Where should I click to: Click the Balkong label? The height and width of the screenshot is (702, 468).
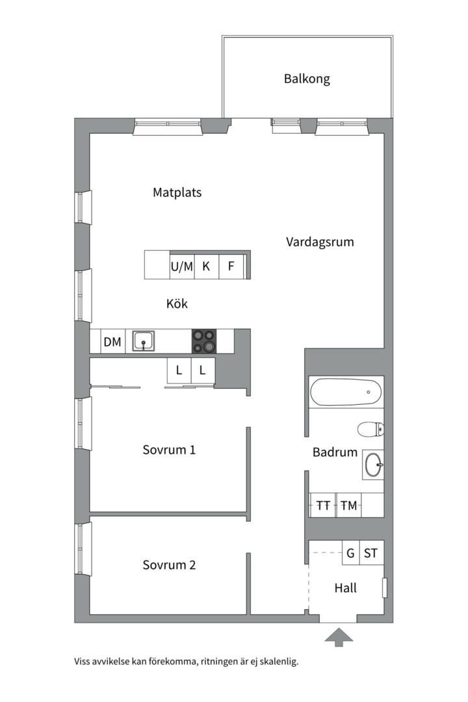coord(307,79)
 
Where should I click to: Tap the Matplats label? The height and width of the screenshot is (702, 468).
coord(177,192)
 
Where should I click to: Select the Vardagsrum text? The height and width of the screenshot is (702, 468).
coord(320,242)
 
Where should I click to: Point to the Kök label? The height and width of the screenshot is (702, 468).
coord(177,304)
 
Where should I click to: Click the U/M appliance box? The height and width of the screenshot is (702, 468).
coord(182,266)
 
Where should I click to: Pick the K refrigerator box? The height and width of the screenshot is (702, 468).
coord(206,266)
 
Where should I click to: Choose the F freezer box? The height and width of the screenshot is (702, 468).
coord(231,266)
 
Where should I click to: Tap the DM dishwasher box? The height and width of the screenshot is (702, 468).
coord(112,341)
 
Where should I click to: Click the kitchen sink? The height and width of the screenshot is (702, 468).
coord(144,341)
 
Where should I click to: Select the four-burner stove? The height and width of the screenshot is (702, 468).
coord(203,341)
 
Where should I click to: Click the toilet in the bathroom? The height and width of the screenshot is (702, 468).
coord(371,428)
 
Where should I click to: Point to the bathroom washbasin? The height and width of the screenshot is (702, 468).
coord(373,465)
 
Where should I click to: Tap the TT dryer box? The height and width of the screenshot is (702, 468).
coord(323,505)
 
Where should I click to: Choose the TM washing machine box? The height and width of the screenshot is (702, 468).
coord(348,505)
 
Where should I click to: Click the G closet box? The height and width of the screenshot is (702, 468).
coord(350,554)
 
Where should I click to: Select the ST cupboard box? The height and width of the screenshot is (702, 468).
coord(371,554)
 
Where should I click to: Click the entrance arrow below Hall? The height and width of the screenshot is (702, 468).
coord(339,637)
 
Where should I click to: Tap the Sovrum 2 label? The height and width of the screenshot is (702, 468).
coord(169,565)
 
